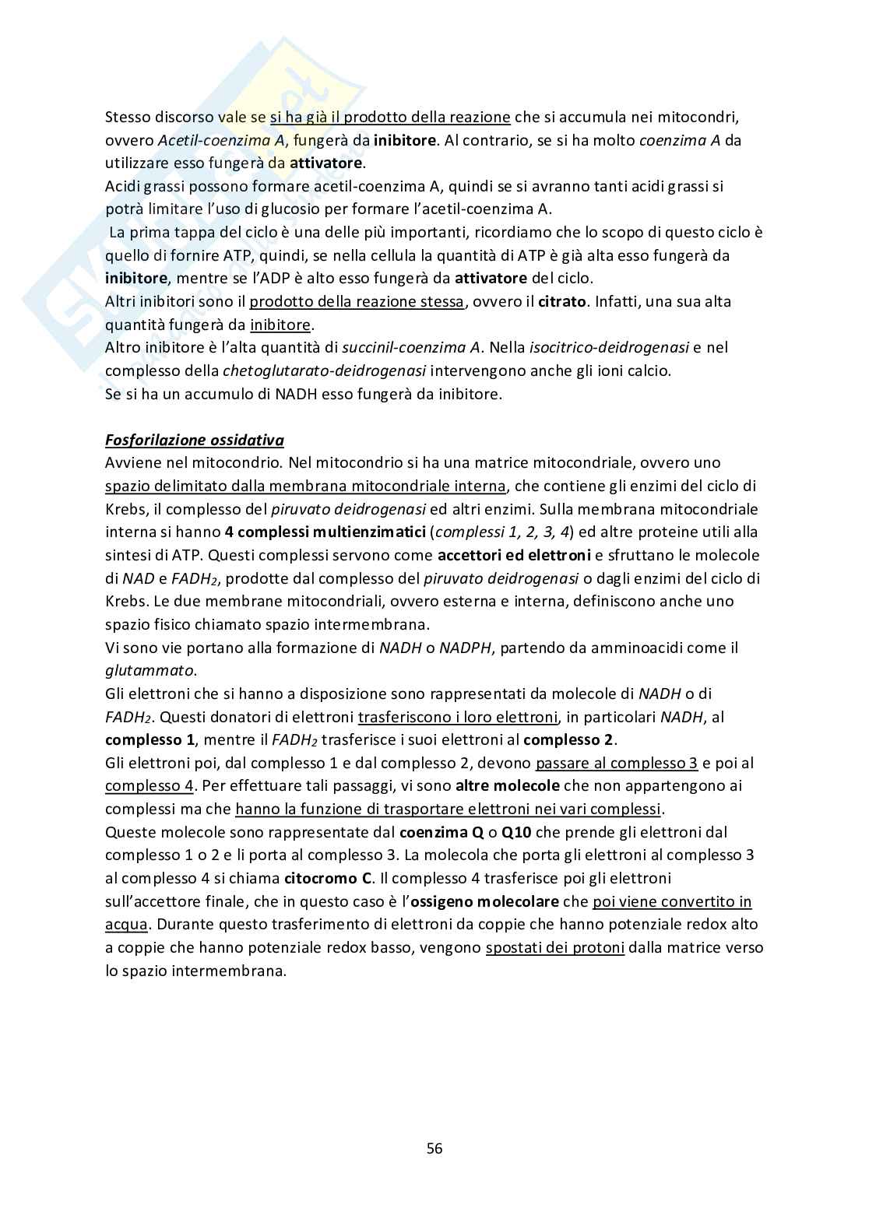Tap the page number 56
click(x=434, y=1148)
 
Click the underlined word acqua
click(x=126, y=925)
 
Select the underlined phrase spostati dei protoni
click(x=554, y=948)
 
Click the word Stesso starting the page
click(x=128, y=118)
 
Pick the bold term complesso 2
click(x=568, y=739)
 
